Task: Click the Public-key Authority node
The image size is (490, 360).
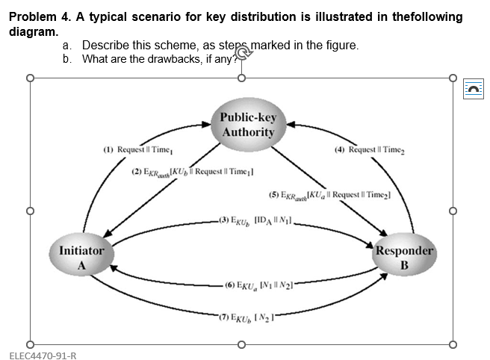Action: pos(247,125)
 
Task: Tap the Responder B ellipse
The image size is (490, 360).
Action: pos(404,258)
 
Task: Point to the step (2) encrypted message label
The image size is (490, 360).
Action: pos(192,172)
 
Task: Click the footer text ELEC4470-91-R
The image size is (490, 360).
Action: pos(43,354)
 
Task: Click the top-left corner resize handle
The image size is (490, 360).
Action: pos(30,77)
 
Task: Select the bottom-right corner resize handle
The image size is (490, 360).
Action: pos(453,345)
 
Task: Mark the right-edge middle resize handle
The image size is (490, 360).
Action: pos(453,211)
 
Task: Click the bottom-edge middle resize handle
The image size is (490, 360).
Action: pos(241,345)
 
